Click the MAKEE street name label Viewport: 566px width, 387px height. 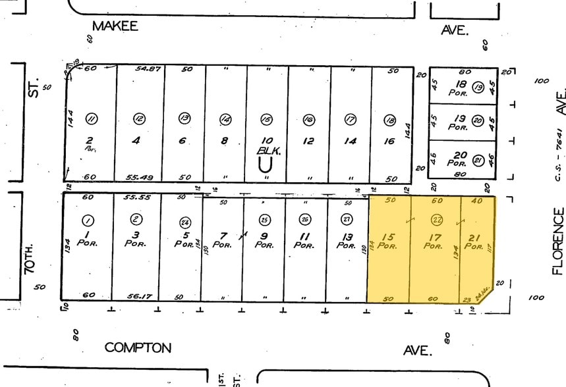coord(115,26)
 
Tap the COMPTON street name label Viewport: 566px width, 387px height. coord(138,348)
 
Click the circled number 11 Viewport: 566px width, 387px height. coord(92,118)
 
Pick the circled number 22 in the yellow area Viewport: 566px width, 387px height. coord(436,220)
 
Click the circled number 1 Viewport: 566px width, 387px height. coord(88,220)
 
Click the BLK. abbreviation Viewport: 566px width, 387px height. coord(266,150)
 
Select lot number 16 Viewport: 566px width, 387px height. coord(390,140)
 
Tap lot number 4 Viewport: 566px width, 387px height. coord(136,140)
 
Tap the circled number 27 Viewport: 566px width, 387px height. coord(347,220)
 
